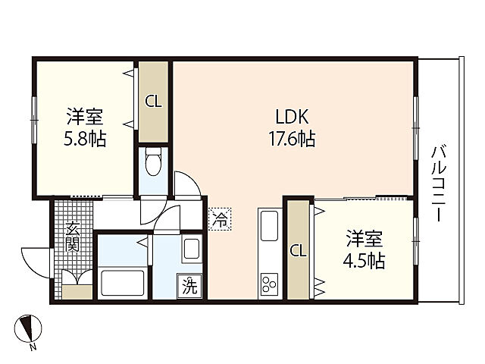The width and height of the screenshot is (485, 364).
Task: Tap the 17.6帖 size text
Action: point(291,140)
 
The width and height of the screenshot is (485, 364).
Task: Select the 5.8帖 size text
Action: point(84,139)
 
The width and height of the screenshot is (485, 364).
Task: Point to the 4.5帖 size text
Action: point(365,262)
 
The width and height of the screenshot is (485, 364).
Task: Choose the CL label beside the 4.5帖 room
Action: point(298,251)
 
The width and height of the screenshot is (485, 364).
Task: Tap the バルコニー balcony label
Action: point(439,182)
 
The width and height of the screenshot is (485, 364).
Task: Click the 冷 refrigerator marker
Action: point(219,220)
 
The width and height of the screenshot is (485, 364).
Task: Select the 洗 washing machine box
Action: point(189,287)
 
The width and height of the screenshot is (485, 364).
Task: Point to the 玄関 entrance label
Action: point(72,236)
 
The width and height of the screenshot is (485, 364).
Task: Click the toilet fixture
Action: point(154,162)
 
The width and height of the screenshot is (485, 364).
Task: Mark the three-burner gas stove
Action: point(269,284)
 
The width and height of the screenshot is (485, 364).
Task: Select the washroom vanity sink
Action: point(190,249)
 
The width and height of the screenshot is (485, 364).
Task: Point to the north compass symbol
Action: point(30,328)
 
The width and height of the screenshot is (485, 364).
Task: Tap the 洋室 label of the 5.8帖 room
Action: point(84,118)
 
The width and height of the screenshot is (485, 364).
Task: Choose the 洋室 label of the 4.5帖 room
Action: point(365,240)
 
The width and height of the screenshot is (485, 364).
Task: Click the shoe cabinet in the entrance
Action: point(76,291)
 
